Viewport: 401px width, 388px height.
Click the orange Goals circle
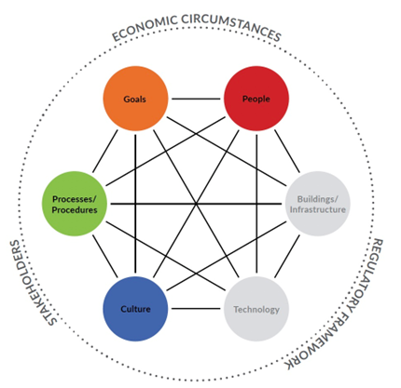point(135,99)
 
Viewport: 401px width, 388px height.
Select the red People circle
point(256,99)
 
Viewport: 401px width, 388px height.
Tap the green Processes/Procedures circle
point(75,204)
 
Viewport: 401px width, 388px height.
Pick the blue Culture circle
point(135,309)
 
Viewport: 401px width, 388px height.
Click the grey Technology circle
point(256,309)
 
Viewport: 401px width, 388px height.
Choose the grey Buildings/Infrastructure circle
point(318,204)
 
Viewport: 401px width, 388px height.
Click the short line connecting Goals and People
point(196,99)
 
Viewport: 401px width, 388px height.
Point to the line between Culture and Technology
point(196,309)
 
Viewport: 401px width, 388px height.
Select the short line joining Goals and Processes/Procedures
point(105,152)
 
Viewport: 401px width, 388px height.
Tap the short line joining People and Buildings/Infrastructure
point(287,152)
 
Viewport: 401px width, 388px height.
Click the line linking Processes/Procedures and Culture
point(105,256)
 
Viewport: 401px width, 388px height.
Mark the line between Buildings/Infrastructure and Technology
point(287,256)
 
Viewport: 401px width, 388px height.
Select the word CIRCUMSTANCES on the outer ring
point(231,25)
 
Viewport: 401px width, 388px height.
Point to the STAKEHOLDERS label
point(32,283)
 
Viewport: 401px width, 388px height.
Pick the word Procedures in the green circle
point(75,210)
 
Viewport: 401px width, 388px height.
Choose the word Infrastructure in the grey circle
point(318,209)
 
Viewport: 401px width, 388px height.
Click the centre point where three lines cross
point(196,204)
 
